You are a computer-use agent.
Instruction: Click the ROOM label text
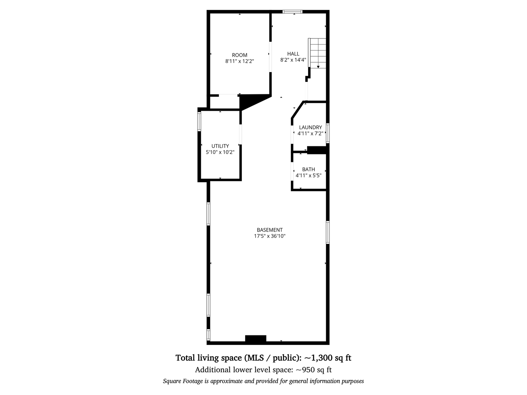pos(240,55)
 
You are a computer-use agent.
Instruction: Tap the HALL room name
pos(293,54)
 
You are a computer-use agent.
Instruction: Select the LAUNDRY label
pos(310,127)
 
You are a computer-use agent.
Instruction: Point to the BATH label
pos(309,169)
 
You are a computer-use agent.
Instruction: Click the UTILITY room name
pos(220,146)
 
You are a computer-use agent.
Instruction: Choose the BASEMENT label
pos(270,230)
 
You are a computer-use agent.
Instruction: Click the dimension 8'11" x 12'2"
pos(240,61)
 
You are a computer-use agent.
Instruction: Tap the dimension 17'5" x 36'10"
pos(270,236)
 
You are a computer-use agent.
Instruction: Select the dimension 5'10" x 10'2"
pos(220,152)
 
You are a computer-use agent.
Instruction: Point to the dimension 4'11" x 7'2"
pos(310,133)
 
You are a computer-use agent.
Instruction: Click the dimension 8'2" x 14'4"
pos(293,60)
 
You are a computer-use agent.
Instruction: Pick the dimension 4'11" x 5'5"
pos(309,176)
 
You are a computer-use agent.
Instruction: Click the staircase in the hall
pos(318,53)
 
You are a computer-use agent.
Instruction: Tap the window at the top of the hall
pos(293,12)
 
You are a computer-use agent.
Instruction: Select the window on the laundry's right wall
pos(328,133)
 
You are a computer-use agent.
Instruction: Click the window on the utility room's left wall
pos(199,121)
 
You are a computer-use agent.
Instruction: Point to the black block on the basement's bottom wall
pos(255,339)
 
